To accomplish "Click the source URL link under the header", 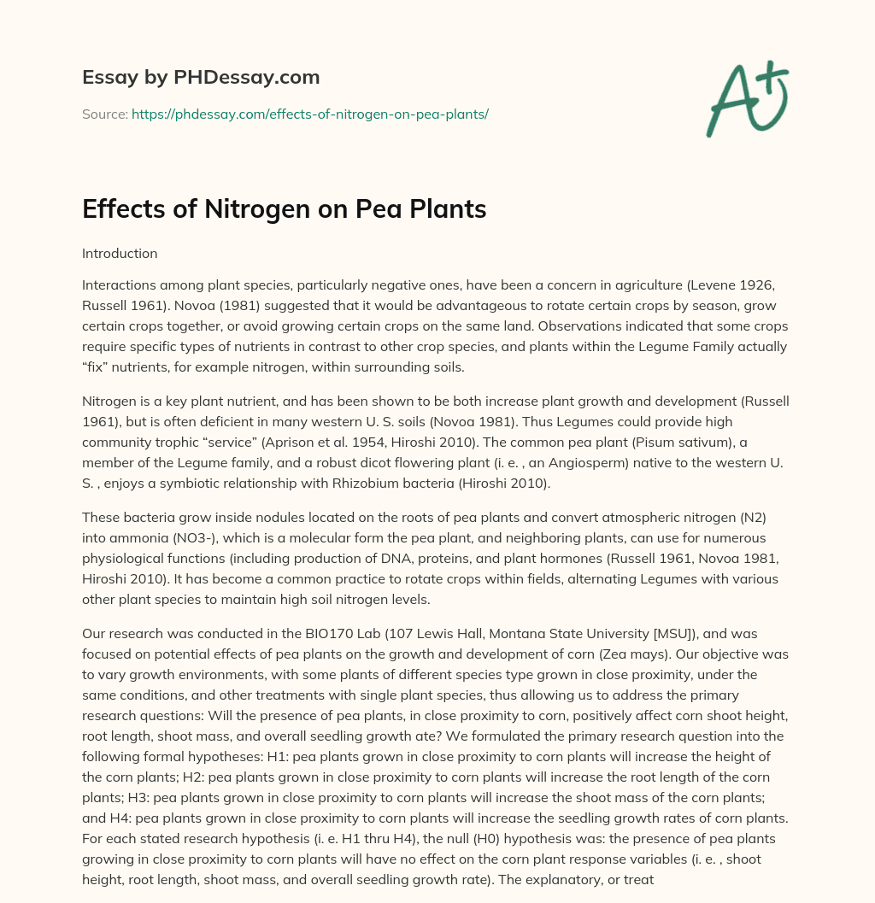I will click(309, 114).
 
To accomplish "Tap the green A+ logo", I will click(745, 98).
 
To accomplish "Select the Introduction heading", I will click(120, 254).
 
